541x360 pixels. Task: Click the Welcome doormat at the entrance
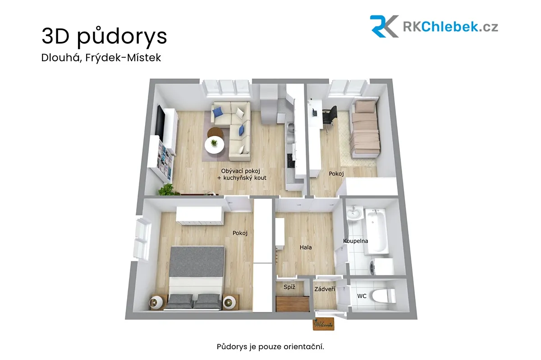(x=323, y=324)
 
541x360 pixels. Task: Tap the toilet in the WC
(x=384, y=296)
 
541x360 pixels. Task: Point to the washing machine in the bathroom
(x=381, y=267)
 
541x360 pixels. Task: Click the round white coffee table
(x=214, y=145)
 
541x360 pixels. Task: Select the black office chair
(x=330, y=116)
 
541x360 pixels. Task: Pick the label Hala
(x=306, y=247)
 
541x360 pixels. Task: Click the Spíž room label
(x=289, y=287)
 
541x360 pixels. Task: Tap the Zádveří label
(x=325, y=289)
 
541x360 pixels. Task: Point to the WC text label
(x=362, y=296)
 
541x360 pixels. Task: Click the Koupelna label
(x=356, y=241)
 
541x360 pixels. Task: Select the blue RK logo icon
(x=384, y=26)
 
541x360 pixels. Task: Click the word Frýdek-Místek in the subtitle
(x=123, y=58)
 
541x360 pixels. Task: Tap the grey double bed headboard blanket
(x=197, y=262)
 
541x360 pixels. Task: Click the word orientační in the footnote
(x=303, y=347)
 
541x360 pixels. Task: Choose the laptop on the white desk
(x=315, y=112)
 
